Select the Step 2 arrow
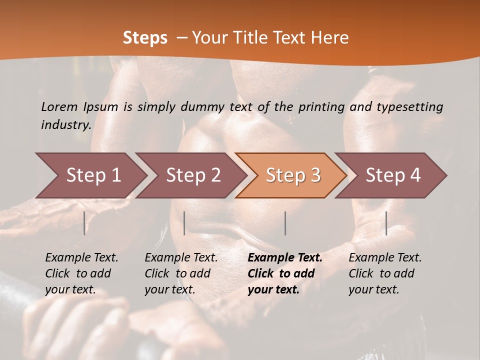[x=193, y=175]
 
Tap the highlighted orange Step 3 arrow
[x=293, y=175]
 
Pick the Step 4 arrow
[x=393, y=175]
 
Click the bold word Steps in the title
[x=145, y=38]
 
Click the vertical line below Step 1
[x=84, y=223]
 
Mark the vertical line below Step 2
[x=184, y=223]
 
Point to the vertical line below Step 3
[x=285, y=223]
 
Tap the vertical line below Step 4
[x=386, y=223]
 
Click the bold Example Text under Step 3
[x=285, y=257]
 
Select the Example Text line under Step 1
[x=81, y=257]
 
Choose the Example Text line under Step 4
[x=385, y=257]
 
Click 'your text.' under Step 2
[x=170, y=289]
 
